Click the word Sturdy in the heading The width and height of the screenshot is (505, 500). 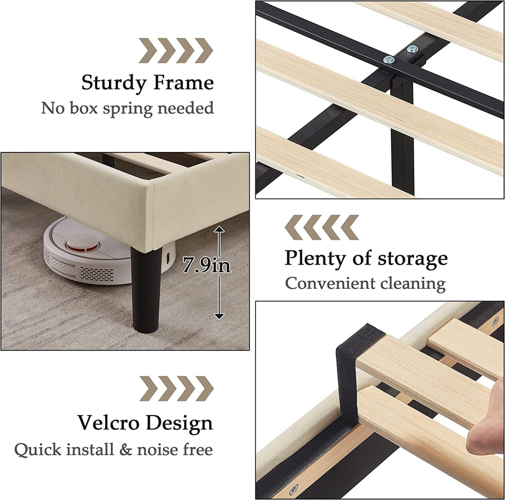tap(114, 83)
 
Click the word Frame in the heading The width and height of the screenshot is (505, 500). tap(183, 82)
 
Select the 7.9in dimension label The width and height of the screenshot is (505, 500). tap(207, 266)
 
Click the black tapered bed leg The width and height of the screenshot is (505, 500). tap(146, 289)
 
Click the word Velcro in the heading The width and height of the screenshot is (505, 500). tap(108, 423)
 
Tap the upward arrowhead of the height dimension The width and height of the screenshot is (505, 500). tap(219, 230)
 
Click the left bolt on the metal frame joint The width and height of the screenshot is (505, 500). tap(389, 60)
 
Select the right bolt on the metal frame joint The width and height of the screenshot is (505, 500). tap(413, 49)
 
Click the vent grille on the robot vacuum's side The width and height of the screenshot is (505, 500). tap(97, 273)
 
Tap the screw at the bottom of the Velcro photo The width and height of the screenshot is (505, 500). tap(294, 489)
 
